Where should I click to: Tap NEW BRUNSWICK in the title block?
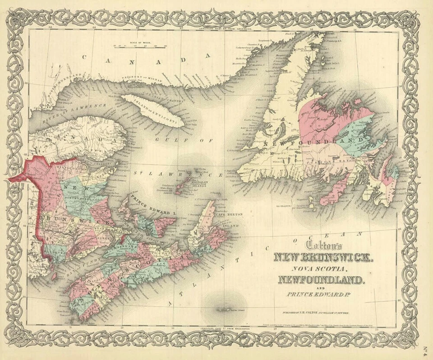(324, 258)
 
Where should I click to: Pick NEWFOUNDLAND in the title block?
(321, 280)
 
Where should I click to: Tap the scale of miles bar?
(139, 46)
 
